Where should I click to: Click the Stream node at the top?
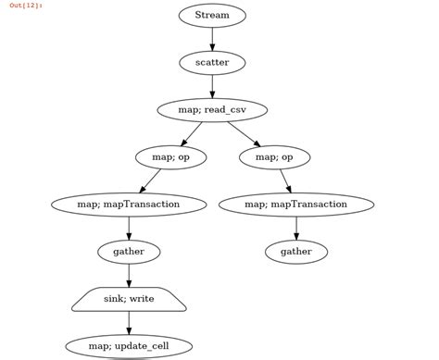[x=212, y=16]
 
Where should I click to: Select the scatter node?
[x=212, y=63]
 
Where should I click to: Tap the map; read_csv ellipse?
[x=212, y=110]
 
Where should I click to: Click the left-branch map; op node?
[x=170, y=157]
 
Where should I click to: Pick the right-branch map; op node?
[x=274, y=157]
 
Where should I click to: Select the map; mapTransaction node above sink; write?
[x=129, y=205]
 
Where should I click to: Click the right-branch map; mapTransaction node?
[x=296, y=205]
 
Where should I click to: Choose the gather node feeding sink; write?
[x=129, y=252]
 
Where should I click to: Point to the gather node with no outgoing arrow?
[x=296, y=252]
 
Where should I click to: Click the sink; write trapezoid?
[x=129, y=299]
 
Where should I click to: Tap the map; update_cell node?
[x=129, y=346]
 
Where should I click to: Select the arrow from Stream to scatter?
[x=212, y=39]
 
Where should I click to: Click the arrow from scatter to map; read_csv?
[x=212, y=86]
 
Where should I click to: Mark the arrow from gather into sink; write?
[x=129, y=275]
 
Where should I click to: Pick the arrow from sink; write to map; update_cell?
[x=129, y=323]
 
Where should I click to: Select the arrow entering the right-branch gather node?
[x=296, y=228]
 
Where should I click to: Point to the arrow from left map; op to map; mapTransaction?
[x=150, y=181]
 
